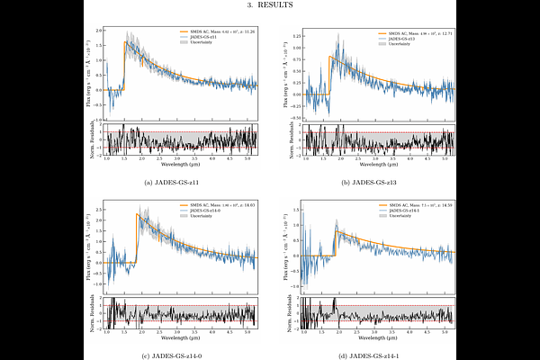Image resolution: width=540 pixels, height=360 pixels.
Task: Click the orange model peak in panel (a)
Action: click(x=124, y=41)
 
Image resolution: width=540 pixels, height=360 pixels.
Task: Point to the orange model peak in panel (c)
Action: click(x=137, y=213)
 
